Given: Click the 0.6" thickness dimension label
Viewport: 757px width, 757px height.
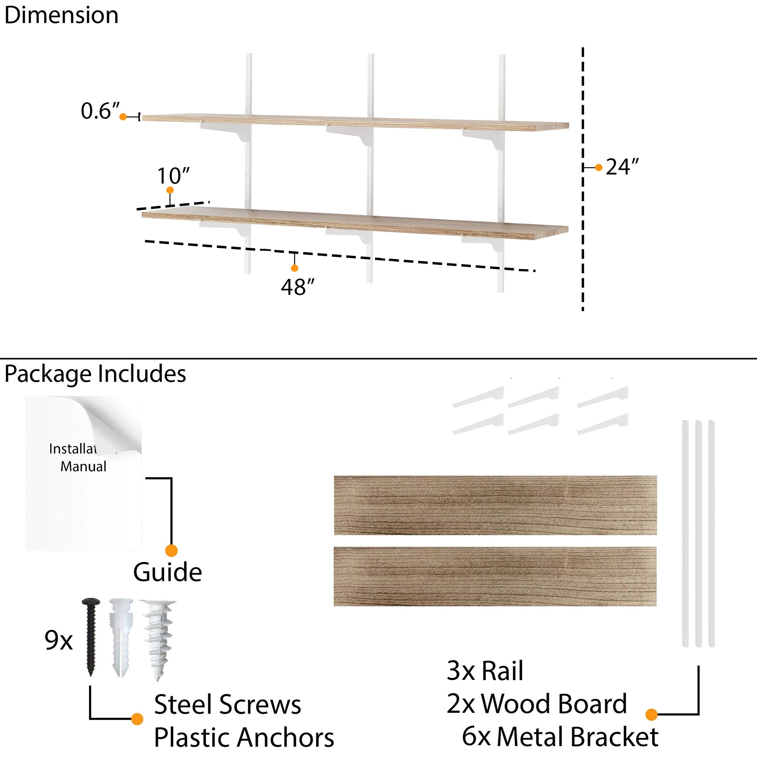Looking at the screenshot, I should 100,111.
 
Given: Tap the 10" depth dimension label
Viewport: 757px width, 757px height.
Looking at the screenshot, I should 173,176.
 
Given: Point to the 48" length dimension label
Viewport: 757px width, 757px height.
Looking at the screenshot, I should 298,287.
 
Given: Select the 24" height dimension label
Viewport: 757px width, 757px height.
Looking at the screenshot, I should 622,167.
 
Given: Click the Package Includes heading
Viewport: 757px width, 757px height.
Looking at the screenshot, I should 95,374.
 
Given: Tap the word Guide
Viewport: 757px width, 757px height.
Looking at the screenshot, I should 167,572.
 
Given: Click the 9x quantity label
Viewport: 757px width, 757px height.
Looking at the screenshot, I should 58,640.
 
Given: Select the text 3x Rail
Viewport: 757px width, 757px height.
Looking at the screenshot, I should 485,671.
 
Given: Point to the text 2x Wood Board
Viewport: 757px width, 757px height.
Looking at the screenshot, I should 536,704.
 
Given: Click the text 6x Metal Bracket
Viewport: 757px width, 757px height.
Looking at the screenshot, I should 560,737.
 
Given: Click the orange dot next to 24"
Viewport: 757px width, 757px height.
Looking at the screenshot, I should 598,168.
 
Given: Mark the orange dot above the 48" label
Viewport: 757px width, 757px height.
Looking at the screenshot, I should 294,268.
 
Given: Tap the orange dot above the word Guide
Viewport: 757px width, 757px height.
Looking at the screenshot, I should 171,550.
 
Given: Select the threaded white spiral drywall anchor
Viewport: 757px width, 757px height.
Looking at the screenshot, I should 159,639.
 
